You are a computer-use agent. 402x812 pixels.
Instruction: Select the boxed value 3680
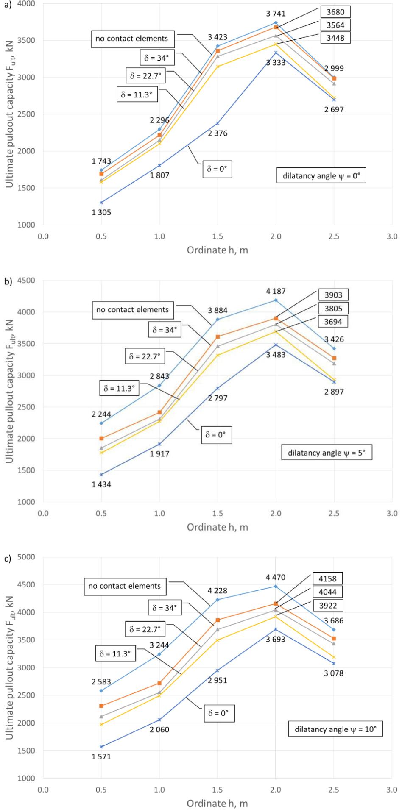335,12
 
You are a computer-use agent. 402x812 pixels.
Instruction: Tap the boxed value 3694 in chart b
335,322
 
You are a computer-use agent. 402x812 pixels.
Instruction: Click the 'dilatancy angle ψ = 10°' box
338,729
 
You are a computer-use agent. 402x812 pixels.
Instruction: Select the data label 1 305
101,213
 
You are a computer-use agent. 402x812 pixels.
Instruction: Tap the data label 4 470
276,577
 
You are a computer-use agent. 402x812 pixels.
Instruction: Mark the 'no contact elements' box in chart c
124,586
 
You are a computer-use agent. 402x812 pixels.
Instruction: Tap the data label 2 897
334,392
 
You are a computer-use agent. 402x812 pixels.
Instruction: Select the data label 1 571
101,756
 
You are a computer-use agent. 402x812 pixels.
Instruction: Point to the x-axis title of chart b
217,527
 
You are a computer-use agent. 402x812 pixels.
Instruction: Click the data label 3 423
218,37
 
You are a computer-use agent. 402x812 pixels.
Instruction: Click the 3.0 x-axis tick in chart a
392,236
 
